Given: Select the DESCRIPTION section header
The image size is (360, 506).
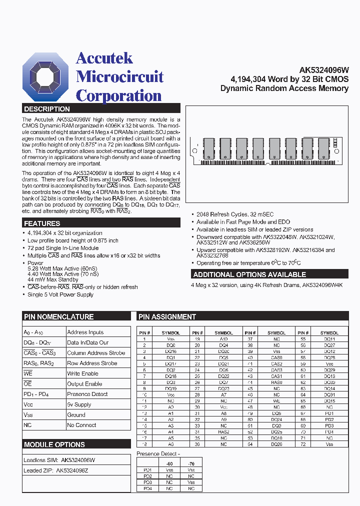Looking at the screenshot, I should click(47, 108).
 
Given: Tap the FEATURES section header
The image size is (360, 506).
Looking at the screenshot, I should click(42, 223).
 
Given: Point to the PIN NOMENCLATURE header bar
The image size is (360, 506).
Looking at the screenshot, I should click(58, 316).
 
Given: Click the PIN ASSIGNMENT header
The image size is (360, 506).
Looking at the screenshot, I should click(167, 316).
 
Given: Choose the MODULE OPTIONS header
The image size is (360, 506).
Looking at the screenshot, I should click(54, 444).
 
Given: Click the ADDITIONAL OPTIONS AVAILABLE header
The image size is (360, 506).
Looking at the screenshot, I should click(249, 274).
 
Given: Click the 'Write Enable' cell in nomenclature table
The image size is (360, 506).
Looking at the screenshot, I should click(83, 373).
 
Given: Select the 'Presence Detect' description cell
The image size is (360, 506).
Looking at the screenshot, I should click(87, 394).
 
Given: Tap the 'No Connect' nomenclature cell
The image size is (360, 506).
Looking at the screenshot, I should click(82, 425).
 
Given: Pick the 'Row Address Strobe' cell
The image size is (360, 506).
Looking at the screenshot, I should click(92, 363).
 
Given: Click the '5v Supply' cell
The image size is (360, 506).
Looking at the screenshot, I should click(79, 404).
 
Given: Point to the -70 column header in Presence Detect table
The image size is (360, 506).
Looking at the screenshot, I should click(191, 464).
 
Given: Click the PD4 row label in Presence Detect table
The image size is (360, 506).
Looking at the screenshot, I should click(147, 488).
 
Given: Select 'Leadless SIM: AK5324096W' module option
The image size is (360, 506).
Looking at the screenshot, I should click(59, 460).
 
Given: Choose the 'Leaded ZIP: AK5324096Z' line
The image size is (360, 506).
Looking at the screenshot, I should click(59, 470).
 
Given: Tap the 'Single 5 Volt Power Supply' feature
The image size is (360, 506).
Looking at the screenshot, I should click(60, 294).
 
